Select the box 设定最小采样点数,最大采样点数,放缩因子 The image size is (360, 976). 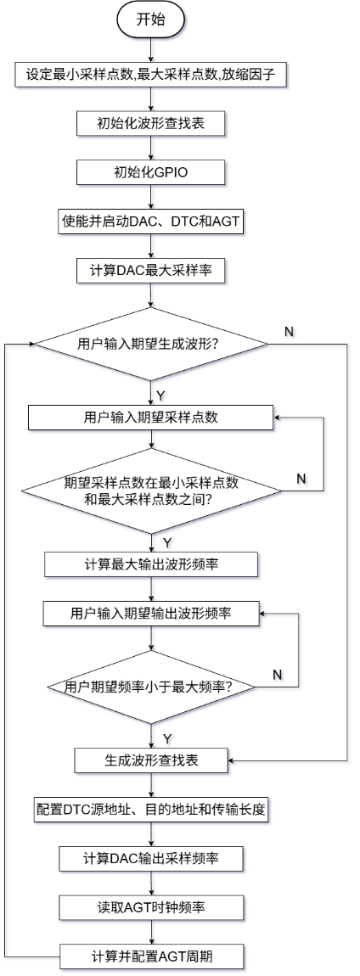pyautogui.click(x=151, y=74)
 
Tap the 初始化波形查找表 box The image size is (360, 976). pyautogui.click(x=151, y=123)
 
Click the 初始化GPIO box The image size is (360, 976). pyautogui.click(x=151, y=172)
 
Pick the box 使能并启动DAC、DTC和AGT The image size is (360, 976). pyautogui.click(x=151, y=222)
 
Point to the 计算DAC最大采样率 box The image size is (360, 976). pyautogui.click(x=151, y=271)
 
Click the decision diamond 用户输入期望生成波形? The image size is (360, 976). pyautogui.click(x=151, y=345)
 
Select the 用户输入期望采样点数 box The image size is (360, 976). pyautogui.click(x=151, y=418)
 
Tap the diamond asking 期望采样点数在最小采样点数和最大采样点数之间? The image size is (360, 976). pyautogui.click(x=151, y=491)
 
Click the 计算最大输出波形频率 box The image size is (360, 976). pyautogui.click(x=151, y=564)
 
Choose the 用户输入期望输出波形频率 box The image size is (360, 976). pyautogui.click(x=151, y=614)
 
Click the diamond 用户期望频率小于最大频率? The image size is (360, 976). pyautogui.click(x=151, y=687)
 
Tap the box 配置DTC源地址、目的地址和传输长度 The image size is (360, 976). pyautogui.click(x=151, y=809)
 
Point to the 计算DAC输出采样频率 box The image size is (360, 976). pyautogui.click(x=151, y=858)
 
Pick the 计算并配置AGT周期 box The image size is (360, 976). pyautogui.click(x=151, y=957)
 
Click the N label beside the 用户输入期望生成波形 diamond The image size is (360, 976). pyautogui.click(x=289, y=331)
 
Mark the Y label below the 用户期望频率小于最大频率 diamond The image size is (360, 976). pyautogui.click(x=166, y=738)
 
